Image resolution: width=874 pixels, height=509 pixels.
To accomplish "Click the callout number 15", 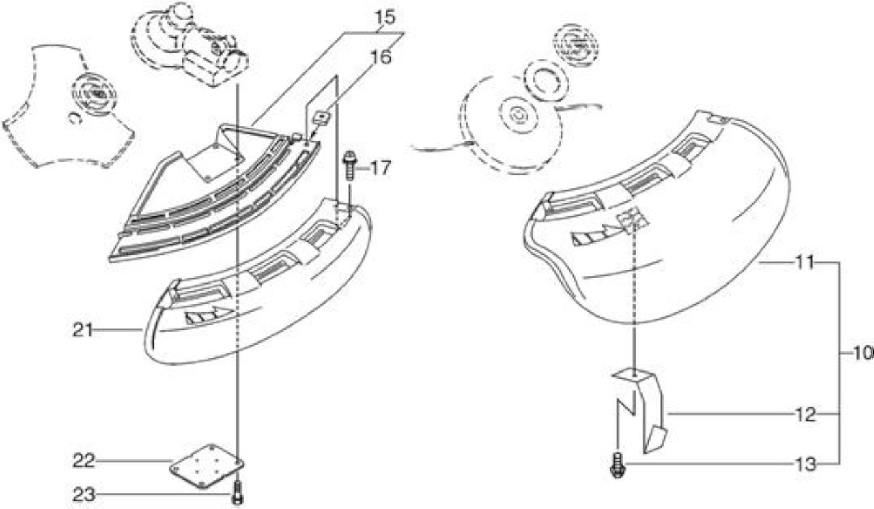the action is click(384, 18).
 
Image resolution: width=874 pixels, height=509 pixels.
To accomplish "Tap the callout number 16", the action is click(380, 58).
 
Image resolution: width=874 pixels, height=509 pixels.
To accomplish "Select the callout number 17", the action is click(380, 168).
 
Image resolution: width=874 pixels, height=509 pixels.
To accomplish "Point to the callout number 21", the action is click(83, 330).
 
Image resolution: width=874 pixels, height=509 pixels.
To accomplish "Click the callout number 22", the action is click(84, 461).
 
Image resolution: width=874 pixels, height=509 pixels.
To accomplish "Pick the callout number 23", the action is click(84, 495).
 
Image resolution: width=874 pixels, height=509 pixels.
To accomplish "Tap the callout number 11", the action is click(804, 263).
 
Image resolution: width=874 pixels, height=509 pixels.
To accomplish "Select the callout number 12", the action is click(805, 414).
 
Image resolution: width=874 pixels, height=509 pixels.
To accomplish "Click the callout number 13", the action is click(805, 464).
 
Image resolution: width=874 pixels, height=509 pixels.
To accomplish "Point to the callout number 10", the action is click(863, 353).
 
